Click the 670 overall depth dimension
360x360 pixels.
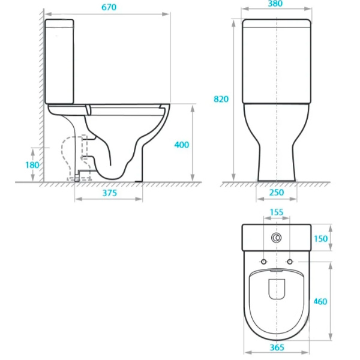point(107,7)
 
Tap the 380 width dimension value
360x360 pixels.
point(276,4)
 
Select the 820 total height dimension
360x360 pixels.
point(221,99)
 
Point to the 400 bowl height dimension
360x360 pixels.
point(181,145)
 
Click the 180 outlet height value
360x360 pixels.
point(32,164)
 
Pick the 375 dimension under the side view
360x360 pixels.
point(109,193)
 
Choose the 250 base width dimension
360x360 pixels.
point(277,193)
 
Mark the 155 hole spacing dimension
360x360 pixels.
point(277,212)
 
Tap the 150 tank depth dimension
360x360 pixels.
point(321,238)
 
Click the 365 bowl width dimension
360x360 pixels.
point(277,348)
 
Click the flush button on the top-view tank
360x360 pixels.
point(277,238)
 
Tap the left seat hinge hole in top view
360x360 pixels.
point(263,262)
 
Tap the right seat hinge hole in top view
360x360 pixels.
point(290,262)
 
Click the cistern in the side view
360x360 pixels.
point(60,61)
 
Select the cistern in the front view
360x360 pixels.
point(276,61)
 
